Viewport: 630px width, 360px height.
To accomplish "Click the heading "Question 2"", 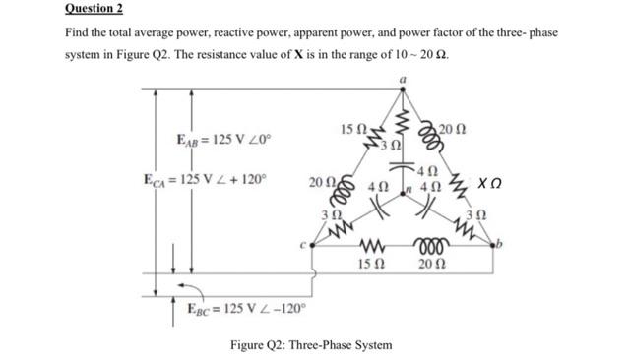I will tap(94, 9).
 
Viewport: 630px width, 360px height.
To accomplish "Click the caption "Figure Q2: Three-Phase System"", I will tap(310, 345).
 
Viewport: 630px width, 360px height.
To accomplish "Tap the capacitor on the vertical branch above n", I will tap(402, 166).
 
